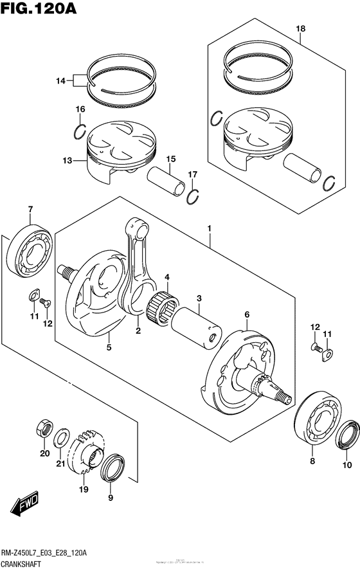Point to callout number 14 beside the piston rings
point(60,81)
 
